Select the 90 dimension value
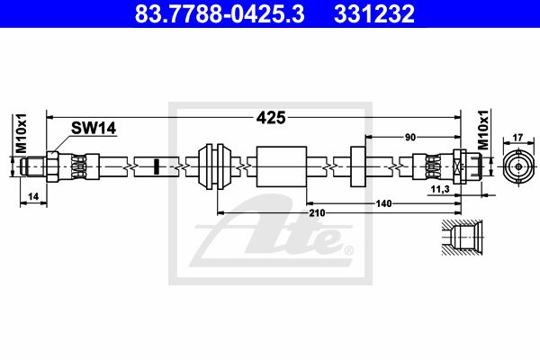[x=410, y=137]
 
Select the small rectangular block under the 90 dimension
[x=356, y=166]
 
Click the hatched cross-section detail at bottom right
[x=464, y=239]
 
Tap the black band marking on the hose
[x=156, y=166]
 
